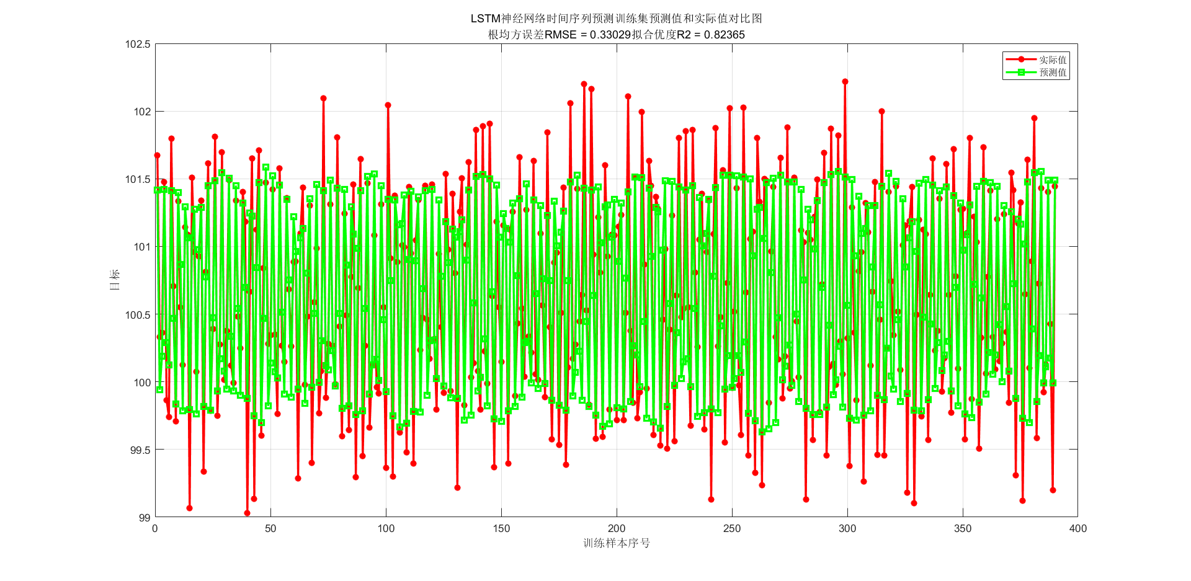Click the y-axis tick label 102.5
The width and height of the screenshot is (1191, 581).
coord(138,44)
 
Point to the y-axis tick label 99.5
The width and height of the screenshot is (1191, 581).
coord(140,450)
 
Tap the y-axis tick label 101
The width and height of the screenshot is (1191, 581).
coord(142,247)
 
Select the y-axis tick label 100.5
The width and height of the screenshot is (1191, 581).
coord(138,315)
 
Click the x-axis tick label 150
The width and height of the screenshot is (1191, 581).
coord(501,529)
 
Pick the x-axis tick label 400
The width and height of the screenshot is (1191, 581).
coord(1078,529)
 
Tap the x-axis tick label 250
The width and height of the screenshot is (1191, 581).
coord(732,529)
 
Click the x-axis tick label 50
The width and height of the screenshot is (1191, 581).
coord(270,529)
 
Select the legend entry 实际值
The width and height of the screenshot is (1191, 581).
coord(1053,60)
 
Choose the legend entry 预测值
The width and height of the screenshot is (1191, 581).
coord(1053,73)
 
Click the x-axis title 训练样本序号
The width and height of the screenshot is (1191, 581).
coord(617,543)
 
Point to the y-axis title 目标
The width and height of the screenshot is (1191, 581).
coord(115,280)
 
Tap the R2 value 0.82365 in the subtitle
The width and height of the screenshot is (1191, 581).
coord(725,35)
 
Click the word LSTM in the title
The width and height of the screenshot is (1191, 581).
coord(485,19)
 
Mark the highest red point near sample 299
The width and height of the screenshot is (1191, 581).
coord(845,81)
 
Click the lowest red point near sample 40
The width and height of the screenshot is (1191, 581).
coord(247,513)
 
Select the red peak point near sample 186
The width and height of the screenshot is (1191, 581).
coord(584,84)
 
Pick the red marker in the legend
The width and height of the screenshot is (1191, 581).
coord(1021,60)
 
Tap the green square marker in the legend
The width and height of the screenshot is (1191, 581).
coord(1021,73)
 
